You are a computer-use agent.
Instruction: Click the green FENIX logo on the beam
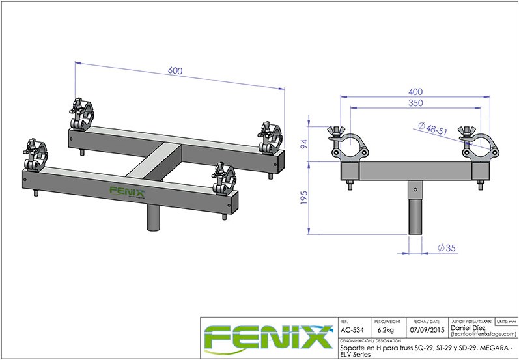[x=126, y=191]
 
